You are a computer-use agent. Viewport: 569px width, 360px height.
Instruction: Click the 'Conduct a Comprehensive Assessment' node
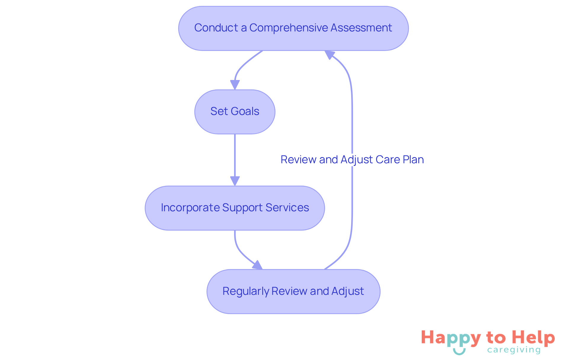(x=293, y=28)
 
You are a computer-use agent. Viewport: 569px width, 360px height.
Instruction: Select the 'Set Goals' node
(x=235, y=112)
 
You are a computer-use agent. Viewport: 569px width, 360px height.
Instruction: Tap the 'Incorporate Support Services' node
(x=235, y=208)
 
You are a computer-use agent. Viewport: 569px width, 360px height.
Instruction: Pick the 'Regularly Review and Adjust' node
(x=293, y=292)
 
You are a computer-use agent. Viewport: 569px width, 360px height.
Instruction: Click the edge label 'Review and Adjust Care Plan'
(x=352, y=160)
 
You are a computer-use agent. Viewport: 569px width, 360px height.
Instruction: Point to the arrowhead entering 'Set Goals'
(x=235, y=85)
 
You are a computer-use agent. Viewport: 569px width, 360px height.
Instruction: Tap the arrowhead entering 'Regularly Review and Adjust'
(x=258, y=265)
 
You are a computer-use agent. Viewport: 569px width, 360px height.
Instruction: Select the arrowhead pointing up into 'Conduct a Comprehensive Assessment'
(x=329, y=55)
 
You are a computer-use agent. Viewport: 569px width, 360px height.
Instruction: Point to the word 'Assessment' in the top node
(x=361, y=28)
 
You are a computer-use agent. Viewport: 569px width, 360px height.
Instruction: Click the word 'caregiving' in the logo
(x=514, y=350)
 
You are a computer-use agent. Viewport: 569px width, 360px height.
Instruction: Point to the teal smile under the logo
(x=459, y=352)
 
